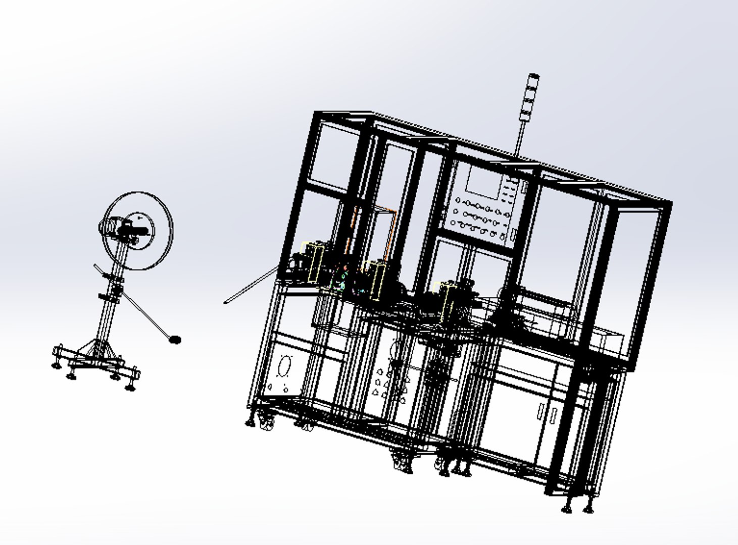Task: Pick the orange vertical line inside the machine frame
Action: click(354, 227)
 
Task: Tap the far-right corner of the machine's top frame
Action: click(669, 203)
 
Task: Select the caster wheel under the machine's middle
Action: click(403, 462)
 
